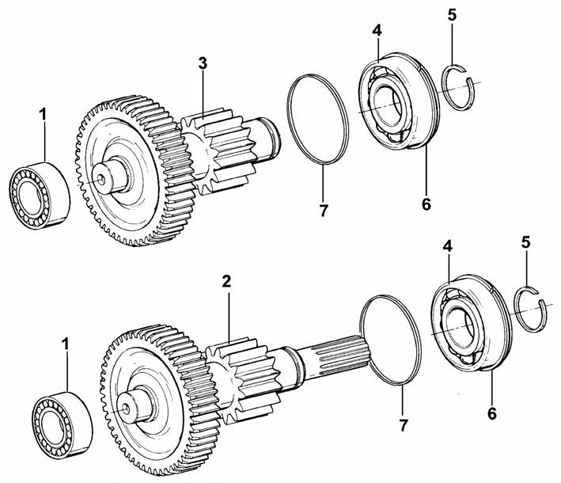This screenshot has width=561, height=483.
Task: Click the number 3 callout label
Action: click(203, 63)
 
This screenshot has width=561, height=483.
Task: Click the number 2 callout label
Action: click(226, 282)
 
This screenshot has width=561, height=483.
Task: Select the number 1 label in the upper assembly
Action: click(43, 115)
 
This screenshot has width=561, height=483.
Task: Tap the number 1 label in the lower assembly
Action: click(65, 344)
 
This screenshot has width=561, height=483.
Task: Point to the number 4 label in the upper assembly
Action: click(377, 30)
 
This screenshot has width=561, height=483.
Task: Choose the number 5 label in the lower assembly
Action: click(525, 242)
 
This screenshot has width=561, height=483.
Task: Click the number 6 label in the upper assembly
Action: click(426, 204)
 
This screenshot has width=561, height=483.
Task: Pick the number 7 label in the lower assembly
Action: click(404, 426)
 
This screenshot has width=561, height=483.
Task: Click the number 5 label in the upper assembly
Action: click(452, 15)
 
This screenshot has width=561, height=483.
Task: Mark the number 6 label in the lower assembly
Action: click(492, 414)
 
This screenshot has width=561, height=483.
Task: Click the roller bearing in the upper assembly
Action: click(40, 196)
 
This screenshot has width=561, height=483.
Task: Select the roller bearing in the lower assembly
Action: click(63, 425)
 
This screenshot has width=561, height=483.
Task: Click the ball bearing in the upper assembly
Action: click(399, 102)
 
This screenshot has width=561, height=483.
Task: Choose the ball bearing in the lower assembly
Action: click(472, 324)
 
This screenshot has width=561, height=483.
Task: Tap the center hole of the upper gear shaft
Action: click(101, 180)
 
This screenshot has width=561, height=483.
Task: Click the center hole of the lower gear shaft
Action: click(126, 408)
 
